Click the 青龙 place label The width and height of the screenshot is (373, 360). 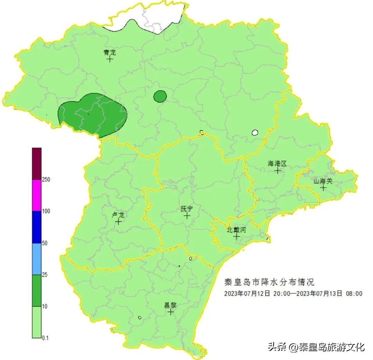[109, 53]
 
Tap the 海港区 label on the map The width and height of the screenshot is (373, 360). [277, 163]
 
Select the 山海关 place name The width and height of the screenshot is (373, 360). [323, 181]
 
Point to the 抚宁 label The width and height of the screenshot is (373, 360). [186, 209]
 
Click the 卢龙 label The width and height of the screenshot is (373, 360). [118, 215]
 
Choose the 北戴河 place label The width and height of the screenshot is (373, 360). [236, 229]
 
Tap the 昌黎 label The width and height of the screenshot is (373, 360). [170, 305]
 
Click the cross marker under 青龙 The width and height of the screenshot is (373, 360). [110, 59]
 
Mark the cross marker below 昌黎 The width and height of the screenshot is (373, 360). [171, 312]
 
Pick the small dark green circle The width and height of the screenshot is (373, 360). [160, 96]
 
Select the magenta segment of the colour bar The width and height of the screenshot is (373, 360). [37, 195]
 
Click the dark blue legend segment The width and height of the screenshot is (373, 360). [37, 227]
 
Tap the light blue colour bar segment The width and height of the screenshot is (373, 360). [37, 259]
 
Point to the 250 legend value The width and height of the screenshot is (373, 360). [46, 180]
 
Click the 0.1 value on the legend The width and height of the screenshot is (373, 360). [45, 338]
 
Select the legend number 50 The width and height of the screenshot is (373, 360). [45, 243]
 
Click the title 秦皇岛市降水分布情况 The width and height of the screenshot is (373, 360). [269, 282]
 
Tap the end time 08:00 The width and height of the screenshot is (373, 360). [354, 293]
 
